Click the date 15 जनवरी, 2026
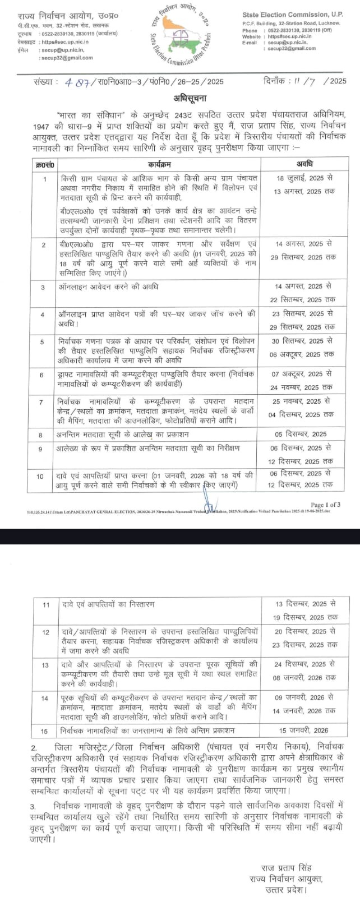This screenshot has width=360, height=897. [304, 730]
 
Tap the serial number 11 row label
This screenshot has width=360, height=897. [46, 604]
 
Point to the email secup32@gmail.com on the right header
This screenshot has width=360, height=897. [291, 49]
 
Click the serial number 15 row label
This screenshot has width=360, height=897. [46, 730]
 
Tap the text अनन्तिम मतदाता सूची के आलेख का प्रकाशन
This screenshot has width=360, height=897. [123, 434]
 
